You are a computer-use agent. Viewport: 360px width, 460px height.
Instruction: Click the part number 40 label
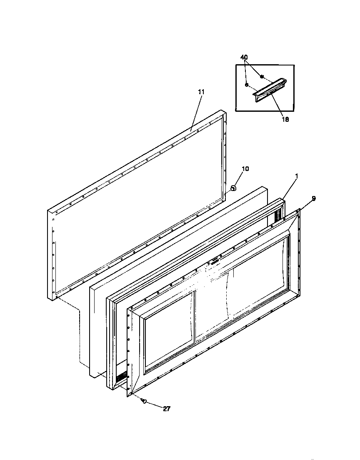(244, 58)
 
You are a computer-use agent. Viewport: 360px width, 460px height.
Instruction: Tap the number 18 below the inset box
(285, 119)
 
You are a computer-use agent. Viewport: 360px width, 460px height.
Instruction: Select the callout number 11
(201, 92)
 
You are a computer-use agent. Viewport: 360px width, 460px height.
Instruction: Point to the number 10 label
(245, 168)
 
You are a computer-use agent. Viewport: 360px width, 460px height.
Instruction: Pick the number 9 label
(314, 199)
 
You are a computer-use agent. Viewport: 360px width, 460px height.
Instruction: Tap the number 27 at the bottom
(167, 409)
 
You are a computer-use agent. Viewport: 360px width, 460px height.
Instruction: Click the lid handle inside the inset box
(269, 90)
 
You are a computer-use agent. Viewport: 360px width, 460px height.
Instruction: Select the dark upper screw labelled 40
(262, 77)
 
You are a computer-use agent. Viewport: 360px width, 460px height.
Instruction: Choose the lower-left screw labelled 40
(247, 85)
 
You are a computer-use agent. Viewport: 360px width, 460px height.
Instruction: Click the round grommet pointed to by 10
(233, 188)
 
